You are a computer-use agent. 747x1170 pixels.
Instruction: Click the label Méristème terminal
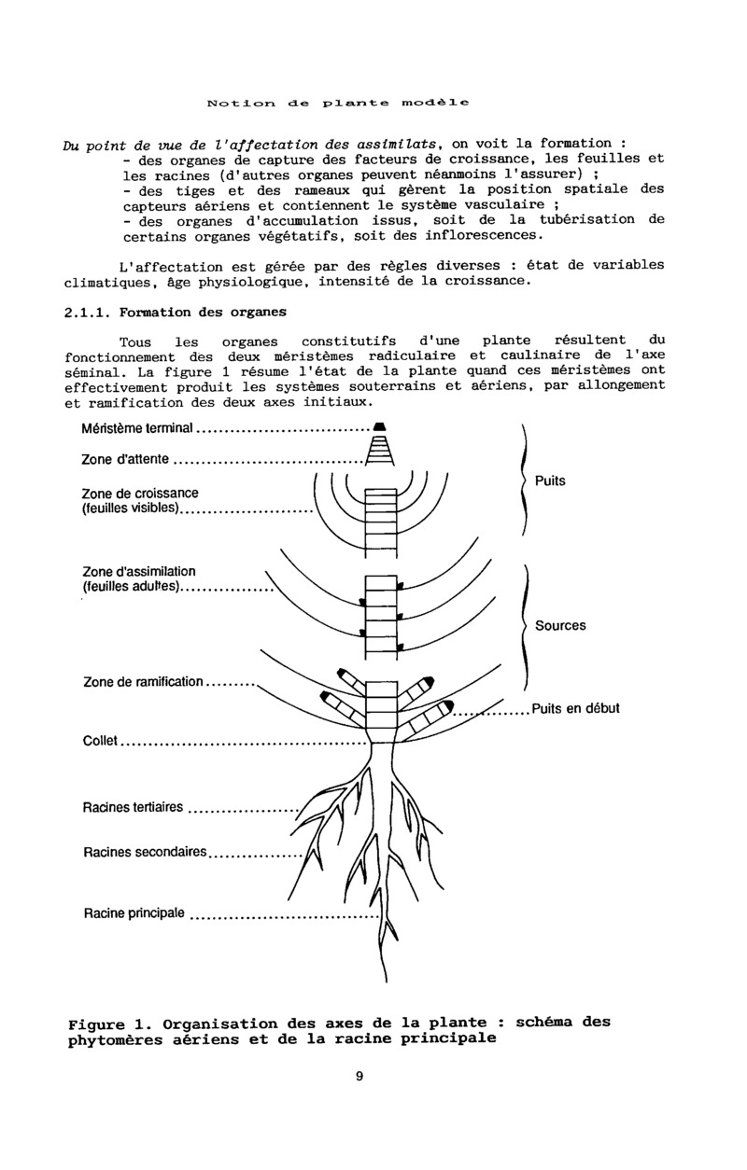(x=136, y=429)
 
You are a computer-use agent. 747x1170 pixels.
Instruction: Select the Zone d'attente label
(x=125, y=459)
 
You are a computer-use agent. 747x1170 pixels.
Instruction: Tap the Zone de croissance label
(x=139, y=494)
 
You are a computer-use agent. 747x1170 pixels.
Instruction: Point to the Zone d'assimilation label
(x=139, y=572)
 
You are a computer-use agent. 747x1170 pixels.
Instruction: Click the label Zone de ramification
(x=143, y=682)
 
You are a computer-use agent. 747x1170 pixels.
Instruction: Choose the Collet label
(x=100, y=742)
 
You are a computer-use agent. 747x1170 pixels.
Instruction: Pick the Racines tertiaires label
(x=133, y=808)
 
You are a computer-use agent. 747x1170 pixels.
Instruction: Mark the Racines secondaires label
(x=144, y=852)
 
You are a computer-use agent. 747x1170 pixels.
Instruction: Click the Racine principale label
(x=134, y=912)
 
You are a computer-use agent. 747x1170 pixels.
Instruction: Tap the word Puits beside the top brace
(x=550, y=481)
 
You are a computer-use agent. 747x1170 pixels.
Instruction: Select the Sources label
(x=560, y=625)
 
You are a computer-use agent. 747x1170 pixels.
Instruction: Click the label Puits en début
(x=575, y=708)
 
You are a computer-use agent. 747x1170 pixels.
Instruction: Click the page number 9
(x=359, y=1076)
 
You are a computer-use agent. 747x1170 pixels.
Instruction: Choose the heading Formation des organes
(x=204, y=312)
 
